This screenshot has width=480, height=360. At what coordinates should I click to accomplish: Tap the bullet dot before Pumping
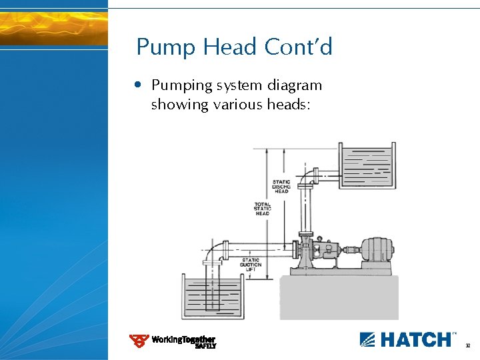[137, 85]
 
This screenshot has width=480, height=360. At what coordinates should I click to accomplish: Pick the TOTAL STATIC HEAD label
[263, 209]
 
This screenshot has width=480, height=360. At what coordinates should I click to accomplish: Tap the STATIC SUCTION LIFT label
[251, 264]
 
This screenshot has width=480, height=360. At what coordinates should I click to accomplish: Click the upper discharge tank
[367, 166]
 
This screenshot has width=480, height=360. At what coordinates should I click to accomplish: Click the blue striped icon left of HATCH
[368, 339]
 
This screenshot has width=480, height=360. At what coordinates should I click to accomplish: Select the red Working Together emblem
[139, 341]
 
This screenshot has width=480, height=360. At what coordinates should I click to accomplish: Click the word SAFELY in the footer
[205, 346]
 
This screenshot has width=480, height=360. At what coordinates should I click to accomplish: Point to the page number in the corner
[468, 346]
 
